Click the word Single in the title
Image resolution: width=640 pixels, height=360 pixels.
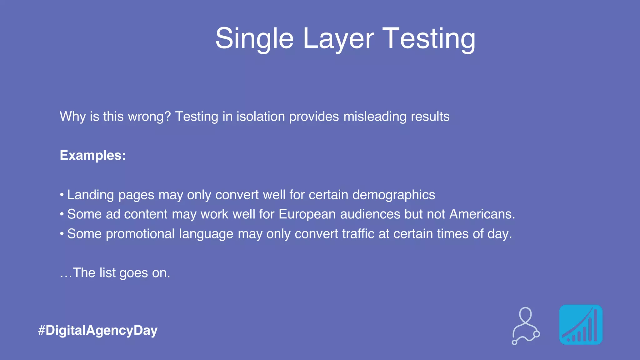click(254, 39)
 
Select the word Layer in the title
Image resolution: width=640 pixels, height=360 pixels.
click(338, 39)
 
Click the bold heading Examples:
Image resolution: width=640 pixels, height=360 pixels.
click(93, 156)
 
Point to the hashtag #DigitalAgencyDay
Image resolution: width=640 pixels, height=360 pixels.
click(98, 331)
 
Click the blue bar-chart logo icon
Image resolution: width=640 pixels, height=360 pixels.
click(581, 325)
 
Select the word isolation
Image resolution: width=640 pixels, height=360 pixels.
click(261, 117)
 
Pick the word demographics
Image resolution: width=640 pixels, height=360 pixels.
click(394, 195)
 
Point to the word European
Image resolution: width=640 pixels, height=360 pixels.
click(307, 214)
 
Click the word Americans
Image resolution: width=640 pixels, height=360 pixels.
click(482, 214)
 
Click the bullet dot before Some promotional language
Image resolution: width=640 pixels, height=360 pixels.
click(62, 233)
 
